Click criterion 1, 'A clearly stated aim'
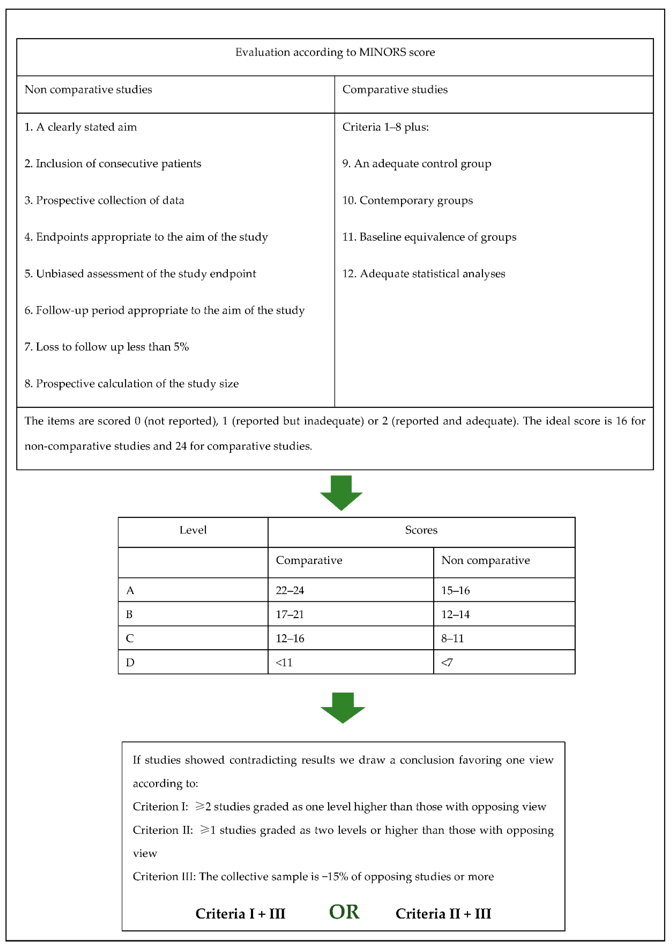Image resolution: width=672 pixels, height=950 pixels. tap(81, 127)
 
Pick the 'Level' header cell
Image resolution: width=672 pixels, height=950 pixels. tap(193, 530)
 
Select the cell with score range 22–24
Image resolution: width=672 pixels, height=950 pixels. tap(290, 590)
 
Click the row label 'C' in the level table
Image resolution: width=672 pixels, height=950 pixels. tap(130, 639)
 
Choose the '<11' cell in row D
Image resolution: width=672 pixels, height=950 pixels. tap(284, 662)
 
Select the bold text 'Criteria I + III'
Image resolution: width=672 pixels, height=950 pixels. tap(240, 914)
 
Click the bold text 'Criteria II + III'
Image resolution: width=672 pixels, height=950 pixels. tap(443, 914)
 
